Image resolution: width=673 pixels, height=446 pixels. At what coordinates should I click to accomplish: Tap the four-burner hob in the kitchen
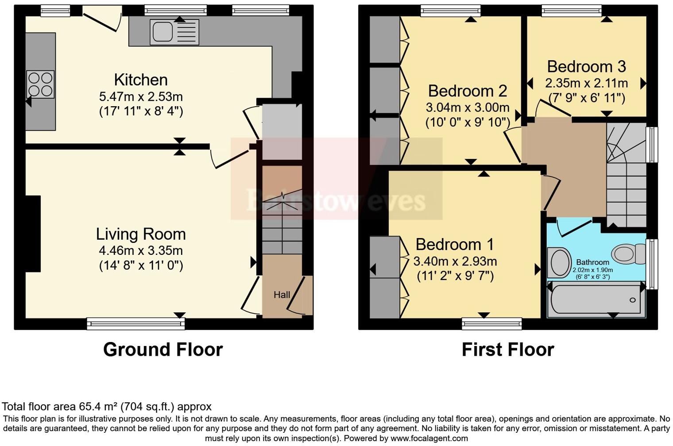tap(40, 84)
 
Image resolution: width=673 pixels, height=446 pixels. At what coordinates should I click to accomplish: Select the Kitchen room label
tap(141, 80)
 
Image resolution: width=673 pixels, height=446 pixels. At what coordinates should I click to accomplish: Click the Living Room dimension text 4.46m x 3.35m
tap(141, 250)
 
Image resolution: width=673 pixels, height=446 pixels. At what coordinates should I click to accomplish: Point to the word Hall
tap(282, 295)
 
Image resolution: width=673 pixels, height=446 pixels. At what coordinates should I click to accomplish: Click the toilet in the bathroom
tap(628, 254)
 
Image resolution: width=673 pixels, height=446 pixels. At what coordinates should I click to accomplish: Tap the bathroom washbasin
tap(559, 262)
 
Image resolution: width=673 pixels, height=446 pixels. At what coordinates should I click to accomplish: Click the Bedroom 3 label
tap(586, 66)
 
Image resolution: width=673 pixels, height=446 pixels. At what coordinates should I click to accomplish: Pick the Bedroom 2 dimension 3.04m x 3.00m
tap(468, 108)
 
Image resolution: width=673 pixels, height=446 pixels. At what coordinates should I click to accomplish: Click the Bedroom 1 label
tap(455, 244)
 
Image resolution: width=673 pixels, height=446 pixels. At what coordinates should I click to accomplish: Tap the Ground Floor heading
tap(163, 350)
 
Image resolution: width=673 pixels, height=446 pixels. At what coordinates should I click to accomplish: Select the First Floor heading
tap(508, 350)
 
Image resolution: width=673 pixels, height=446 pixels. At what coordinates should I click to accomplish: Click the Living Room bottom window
tap(135, 324)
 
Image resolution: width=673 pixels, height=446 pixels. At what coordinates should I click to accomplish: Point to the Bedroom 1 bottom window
tap(491, 324)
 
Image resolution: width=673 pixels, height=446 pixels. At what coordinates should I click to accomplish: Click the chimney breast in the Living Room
tap(33, 234)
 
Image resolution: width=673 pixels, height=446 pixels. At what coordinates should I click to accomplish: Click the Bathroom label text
tap(592, 262)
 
